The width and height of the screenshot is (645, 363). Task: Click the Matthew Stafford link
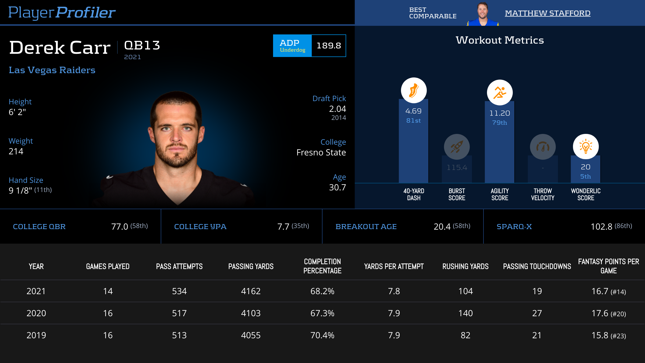tap(547, 13)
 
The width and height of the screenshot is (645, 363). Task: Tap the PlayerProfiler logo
tap(62, 12)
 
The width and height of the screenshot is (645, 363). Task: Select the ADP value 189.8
tap(329, 46)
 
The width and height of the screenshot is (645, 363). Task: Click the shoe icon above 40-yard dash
tap(414, 90)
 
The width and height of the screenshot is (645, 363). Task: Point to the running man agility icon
tap(500, 92)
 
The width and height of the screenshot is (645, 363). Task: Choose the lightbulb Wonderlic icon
tap(586, 147)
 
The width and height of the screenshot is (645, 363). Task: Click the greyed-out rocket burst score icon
tap(457, 147)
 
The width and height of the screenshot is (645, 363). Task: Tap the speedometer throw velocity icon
tap(543, 147)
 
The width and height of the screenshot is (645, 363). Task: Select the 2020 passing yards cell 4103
tap(251, 313)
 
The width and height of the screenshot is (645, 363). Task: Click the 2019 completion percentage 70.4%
tap(322, 335)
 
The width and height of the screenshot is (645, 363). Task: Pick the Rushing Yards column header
tap(465, 266)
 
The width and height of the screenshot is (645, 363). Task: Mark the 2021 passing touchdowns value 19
tap(537, 291)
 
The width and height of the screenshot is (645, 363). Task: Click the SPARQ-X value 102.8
tap(601, 227)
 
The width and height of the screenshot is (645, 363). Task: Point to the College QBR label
tap(39, 227)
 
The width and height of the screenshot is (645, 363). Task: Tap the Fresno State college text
tap(321, 152)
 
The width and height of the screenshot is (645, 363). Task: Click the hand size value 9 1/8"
tap(20, 190)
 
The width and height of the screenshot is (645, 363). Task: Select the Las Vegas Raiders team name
tap(52, 70)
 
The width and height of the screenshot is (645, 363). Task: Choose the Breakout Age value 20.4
tap(442, 227)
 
